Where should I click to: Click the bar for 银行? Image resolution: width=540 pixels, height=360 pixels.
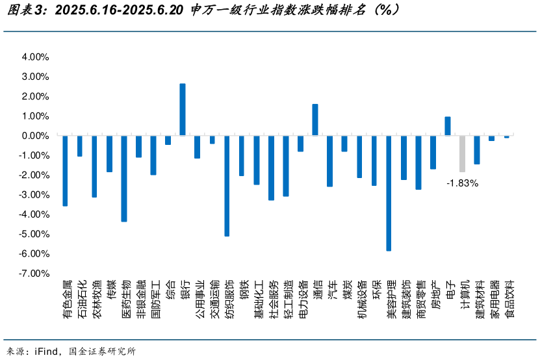tap(183, 109)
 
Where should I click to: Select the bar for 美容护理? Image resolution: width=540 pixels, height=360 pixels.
tap(389, 192)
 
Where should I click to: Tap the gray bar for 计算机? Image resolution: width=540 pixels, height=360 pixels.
tap(462, 153)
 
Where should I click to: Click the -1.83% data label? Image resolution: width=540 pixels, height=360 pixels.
tap(462, 183)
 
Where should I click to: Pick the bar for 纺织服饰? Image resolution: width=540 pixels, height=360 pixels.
tap(227, 185)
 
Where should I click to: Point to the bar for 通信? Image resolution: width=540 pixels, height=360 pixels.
tap(315, 120)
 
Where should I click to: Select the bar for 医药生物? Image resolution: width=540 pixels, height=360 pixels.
tap(124, 178)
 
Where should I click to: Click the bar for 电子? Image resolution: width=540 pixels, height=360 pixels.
tap(448, 126)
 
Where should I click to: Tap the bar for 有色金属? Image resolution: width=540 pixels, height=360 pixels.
tap(65, 170)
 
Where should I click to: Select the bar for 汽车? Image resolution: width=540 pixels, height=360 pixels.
tap(330, 161)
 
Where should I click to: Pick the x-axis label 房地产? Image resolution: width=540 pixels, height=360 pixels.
tap(433, 294)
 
